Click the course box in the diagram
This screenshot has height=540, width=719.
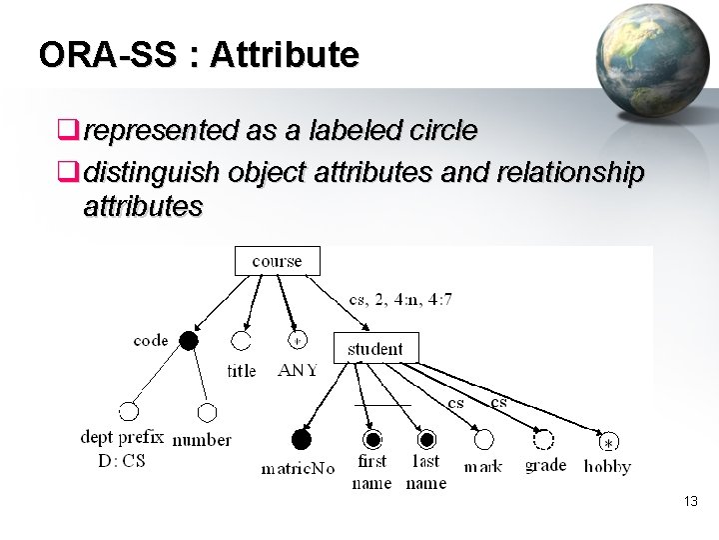click(x=277, y=261)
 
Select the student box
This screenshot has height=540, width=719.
click(x=374, y=349)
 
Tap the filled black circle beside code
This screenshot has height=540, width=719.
click(x=188, y=341)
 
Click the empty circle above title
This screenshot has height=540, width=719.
click(x=241, y=341)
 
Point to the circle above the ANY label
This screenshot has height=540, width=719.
click(x=297, y=341)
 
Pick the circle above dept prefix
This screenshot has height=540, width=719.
click(x=128, y=411)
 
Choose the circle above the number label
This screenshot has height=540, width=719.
click(x=207, y=411)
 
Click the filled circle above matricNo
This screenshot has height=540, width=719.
click(x=301, y=439)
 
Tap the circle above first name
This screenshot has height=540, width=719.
click(x=372, y=439)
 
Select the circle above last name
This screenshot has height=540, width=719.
click(x=426, y=439)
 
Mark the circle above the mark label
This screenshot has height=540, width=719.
click(x=484, y=439)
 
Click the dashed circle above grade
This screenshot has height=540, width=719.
click(x=543, y=439)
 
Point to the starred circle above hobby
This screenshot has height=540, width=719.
click(x=608, y=441)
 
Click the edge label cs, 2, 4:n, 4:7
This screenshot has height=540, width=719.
click(x=400, y=299)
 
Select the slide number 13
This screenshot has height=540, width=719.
click(x=691, y=501)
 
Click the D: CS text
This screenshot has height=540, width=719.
click(x=121, y=461)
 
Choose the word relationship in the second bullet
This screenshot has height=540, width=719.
click(x=569, y=173)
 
